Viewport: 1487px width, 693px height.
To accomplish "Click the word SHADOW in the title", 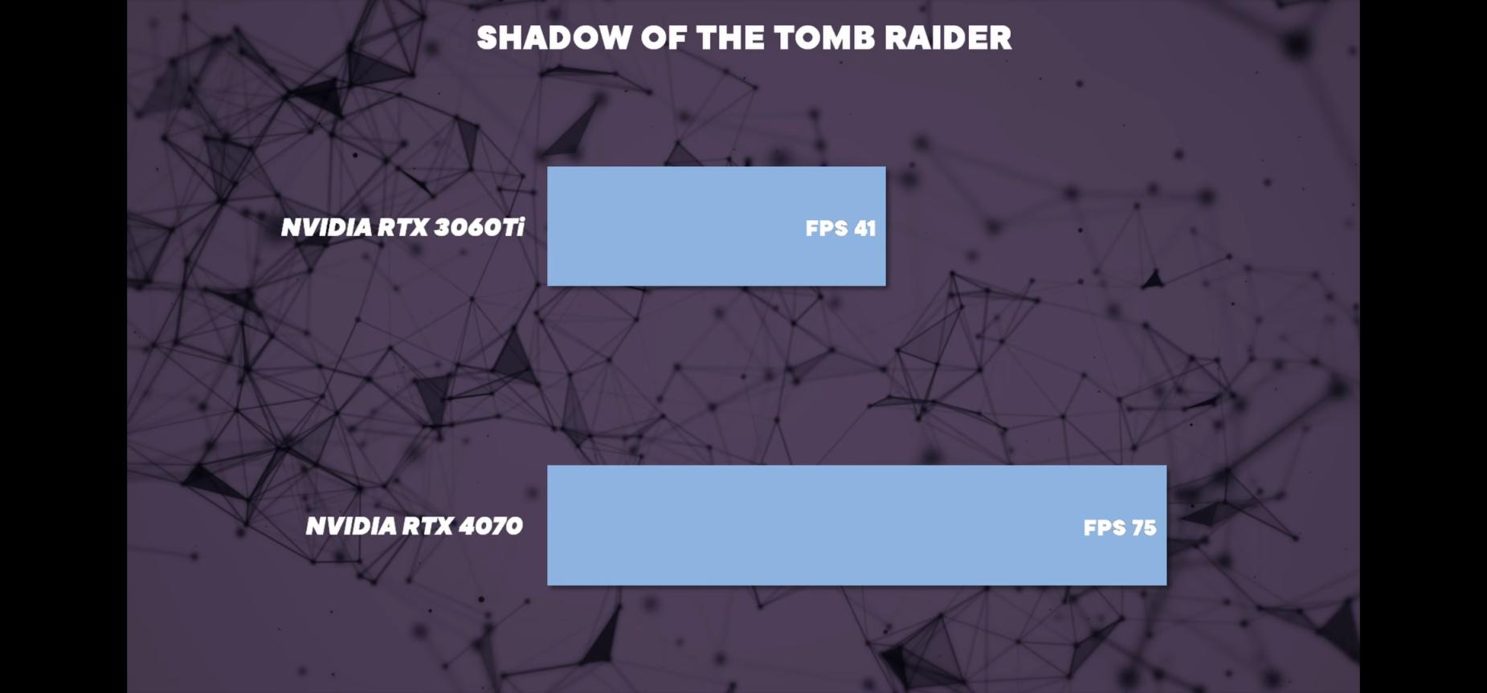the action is tap(554, 38).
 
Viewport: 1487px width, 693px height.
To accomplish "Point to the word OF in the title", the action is tap(664, 38).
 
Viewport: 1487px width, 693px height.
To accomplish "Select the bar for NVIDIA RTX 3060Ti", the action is tap(717, 226).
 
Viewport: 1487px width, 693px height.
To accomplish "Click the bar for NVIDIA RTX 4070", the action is tap(856, 525).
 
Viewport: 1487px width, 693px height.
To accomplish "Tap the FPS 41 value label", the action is tap(840, 229).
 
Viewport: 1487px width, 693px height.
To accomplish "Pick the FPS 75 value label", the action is tap(1120, 528).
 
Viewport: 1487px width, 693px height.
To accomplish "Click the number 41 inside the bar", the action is tap(864, 229).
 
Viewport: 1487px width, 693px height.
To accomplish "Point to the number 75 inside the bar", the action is tap(1143, 528).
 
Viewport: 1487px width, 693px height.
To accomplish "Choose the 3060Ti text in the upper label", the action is tap(479, 227).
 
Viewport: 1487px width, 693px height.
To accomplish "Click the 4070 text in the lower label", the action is tap(490, 526).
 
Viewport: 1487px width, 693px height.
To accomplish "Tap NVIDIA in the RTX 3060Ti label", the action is tap(326, 227).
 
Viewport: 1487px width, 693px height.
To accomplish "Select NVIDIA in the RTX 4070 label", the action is tap(351, 526).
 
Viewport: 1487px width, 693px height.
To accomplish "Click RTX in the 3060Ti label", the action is tap(402, 227).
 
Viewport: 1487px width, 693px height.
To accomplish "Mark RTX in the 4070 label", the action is tap(427, 526).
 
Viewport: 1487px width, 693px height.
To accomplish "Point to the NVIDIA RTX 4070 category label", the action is tap(415, 526).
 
